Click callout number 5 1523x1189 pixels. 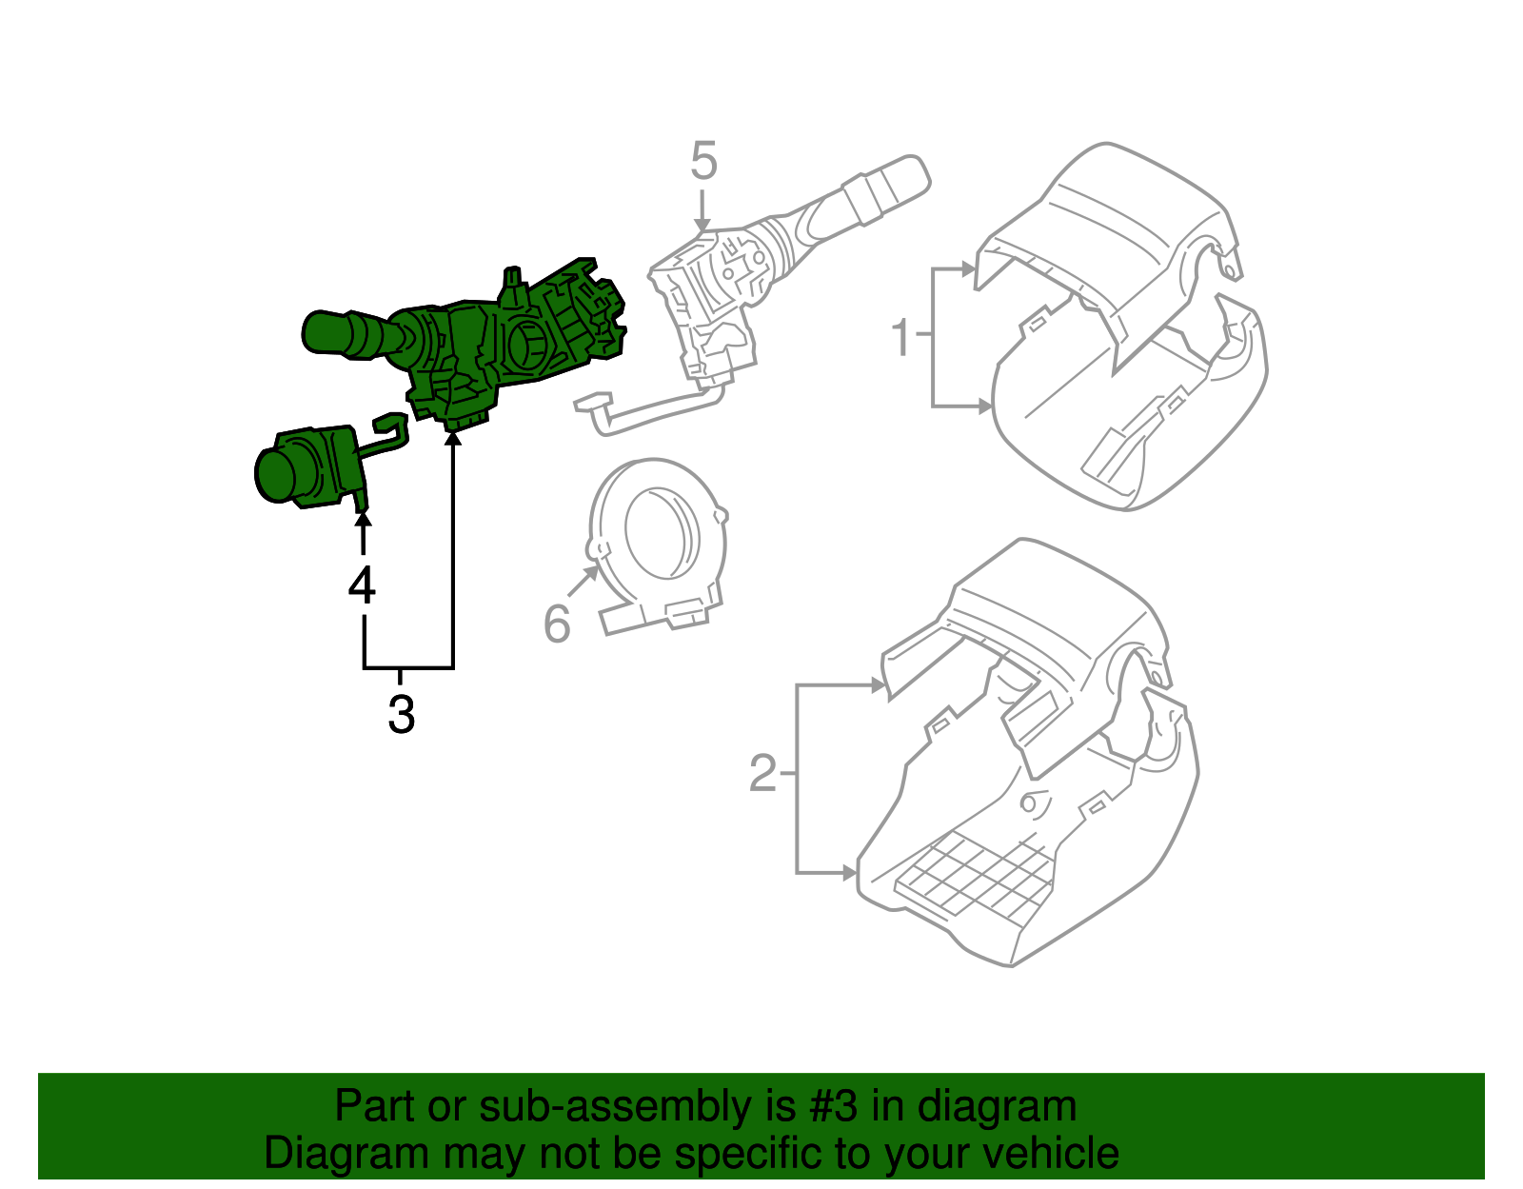[x=702, y=161]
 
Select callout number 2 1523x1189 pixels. [x=763, y=773]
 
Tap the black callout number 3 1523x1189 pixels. [x=401, y=714]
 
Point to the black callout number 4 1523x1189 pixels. [x=362, y=585]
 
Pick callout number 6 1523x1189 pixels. [x=557, y=624]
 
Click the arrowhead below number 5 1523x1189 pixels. [x=702, y=226]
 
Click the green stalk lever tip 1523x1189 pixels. [x=319, y=333]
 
